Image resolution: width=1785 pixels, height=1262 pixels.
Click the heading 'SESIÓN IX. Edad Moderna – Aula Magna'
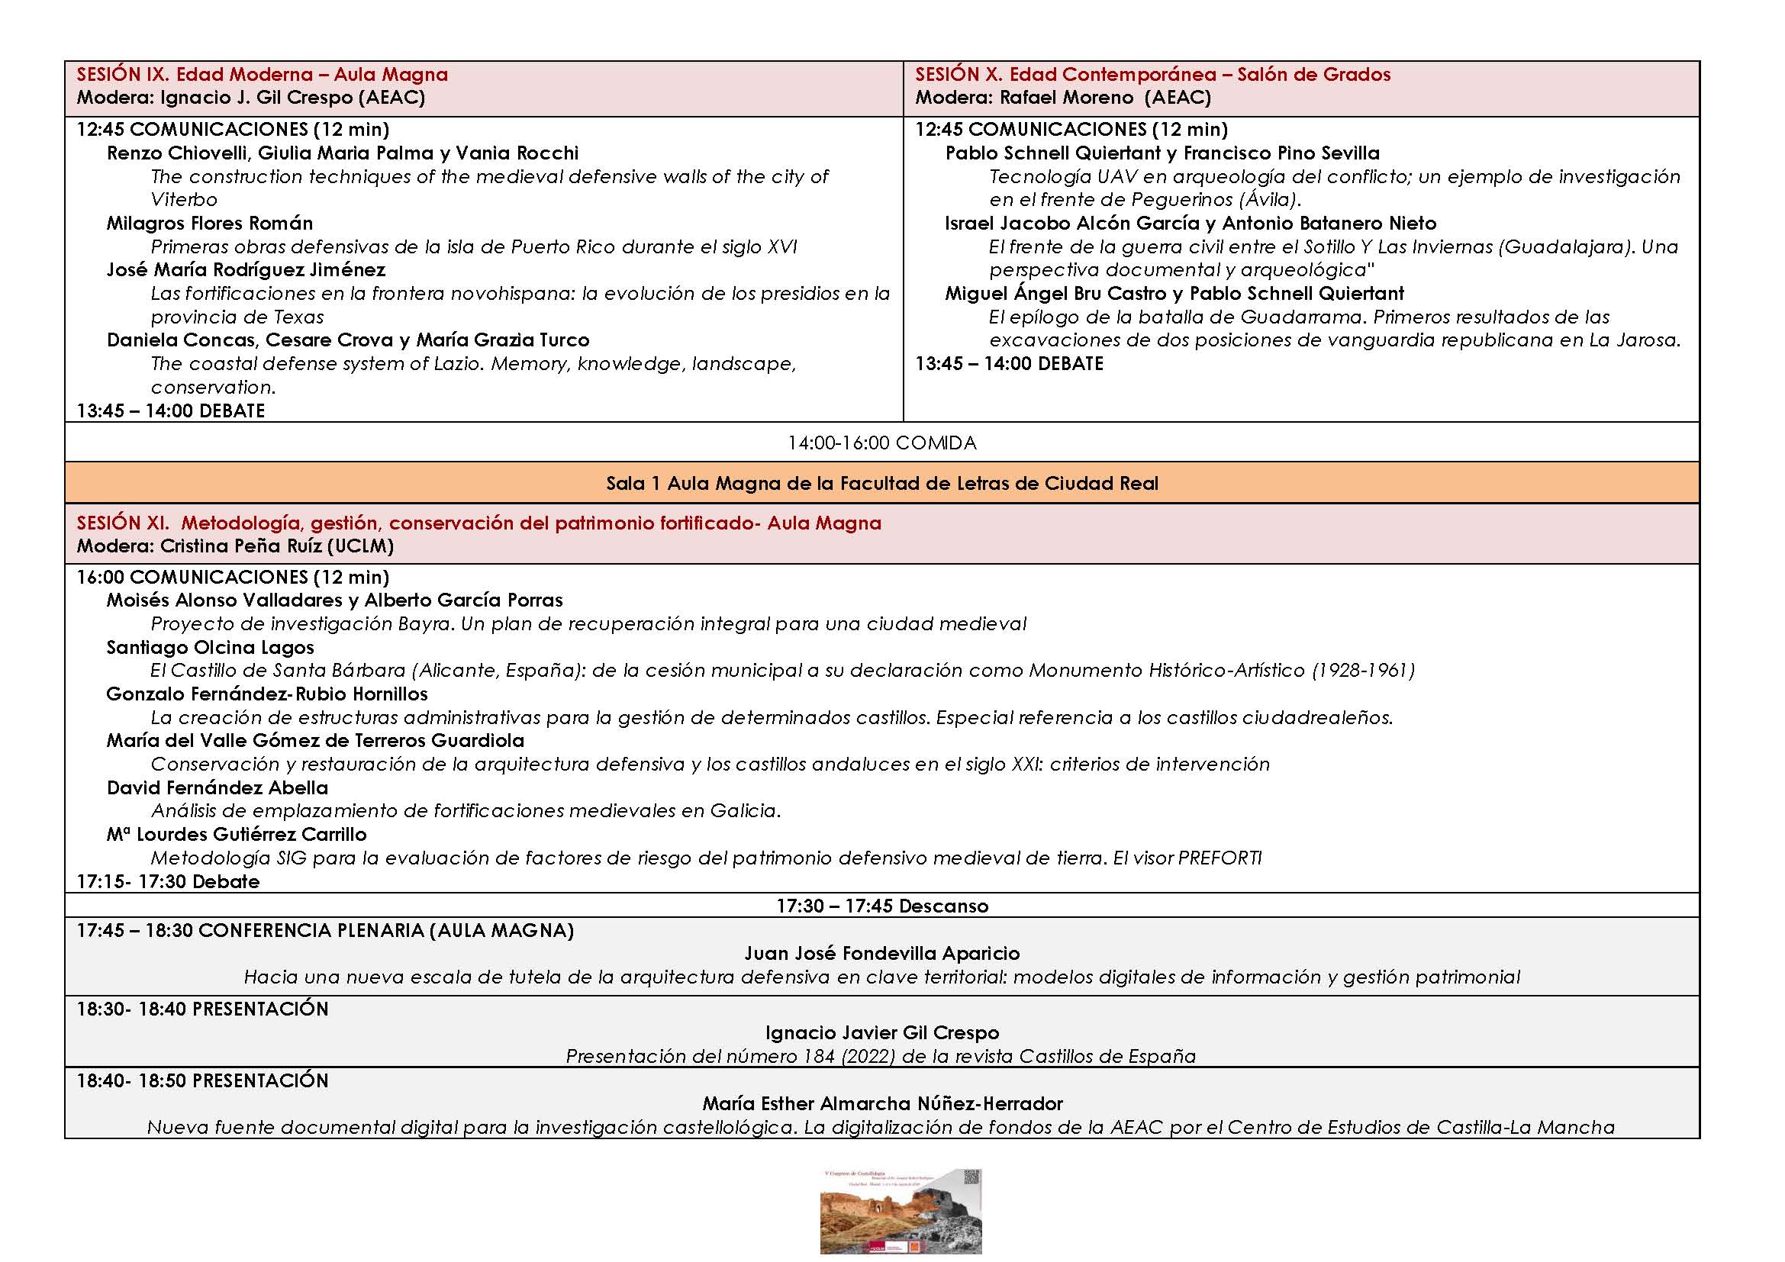(262, 75)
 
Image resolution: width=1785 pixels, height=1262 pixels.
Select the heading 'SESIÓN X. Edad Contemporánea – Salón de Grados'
(1152, 75)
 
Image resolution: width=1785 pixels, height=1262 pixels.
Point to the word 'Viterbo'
(184, 200)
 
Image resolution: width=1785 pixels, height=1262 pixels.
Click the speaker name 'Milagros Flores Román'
(210, 224)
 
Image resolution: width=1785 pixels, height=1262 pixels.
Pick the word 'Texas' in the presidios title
(299, 317)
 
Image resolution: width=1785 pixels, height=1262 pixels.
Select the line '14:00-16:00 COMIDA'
(881, 443)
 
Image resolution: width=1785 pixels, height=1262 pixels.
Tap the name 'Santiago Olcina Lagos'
(210, 647)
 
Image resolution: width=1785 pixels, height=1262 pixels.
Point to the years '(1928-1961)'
(1363, 671)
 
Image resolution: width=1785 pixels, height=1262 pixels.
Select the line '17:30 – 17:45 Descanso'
(881, 906)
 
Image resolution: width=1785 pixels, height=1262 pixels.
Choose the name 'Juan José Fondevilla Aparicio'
(881, 954)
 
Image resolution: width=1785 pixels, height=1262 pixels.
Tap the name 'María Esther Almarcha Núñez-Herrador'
(881, 1103)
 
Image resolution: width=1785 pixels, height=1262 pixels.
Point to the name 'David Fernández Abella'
(217, 788)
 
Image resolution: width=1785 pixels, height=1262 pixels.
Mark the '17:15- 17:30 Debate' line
(168, 882)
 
